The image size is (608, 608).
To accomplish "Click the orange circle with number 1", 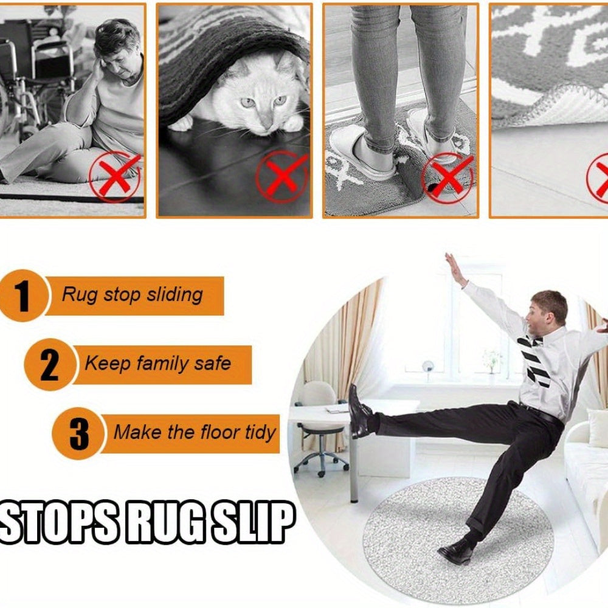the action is (x=23, y=295).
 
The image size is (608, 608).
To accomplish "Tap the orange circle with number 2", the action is (x=50, y=364).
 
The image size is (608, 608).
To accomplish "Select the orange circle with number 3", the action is (x=78, y=434).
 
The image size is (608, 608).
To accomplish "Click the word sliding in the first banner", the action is (x=174, y=295).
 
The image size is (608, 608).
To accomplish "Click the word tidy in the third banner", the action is (x=261, y=433).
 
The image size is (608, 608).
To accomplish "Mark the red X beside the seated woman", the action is (x=115, y=176).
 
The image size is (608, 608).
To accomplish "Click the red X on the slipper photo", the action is (x=448, y=177).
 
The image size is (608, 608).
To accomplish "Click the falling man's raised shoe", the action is (x=358, y=412).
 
